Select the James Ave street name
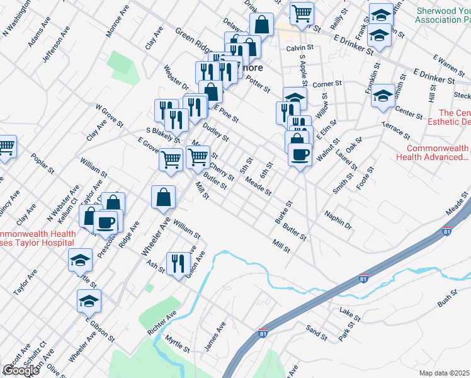click(x=214, y=337)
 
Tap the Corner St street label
click(x=326, y=83)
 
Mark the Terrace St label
click(x=396, y=130)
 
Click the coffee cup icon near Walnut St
click(x=300, y=153)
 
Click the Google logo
click(x=21, y=370)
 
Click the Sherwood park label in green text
click(x=443, y=16)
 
